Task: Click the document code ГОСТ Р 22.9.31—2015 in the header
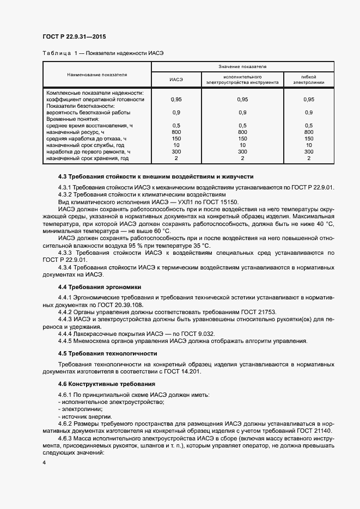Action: tap(74, 37)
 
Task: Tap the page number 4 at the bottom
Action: tap(44, 462)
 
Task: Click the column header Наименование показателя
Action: tap(97, 74)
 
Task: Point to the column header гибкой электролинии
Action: tap(309, 79)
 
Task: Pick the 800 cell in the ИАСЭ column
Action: tap(176, 132)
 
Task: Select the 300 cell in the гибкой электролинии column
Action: tap(309, 151)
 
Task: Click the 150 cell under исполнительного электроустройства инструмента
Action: tap(243, 138)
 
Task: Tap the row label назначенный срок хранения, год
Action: tap(88, 158)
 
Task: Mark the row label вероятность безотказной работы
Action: tap(88, 112)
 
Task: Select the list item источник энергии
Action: tap(81, 415)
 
